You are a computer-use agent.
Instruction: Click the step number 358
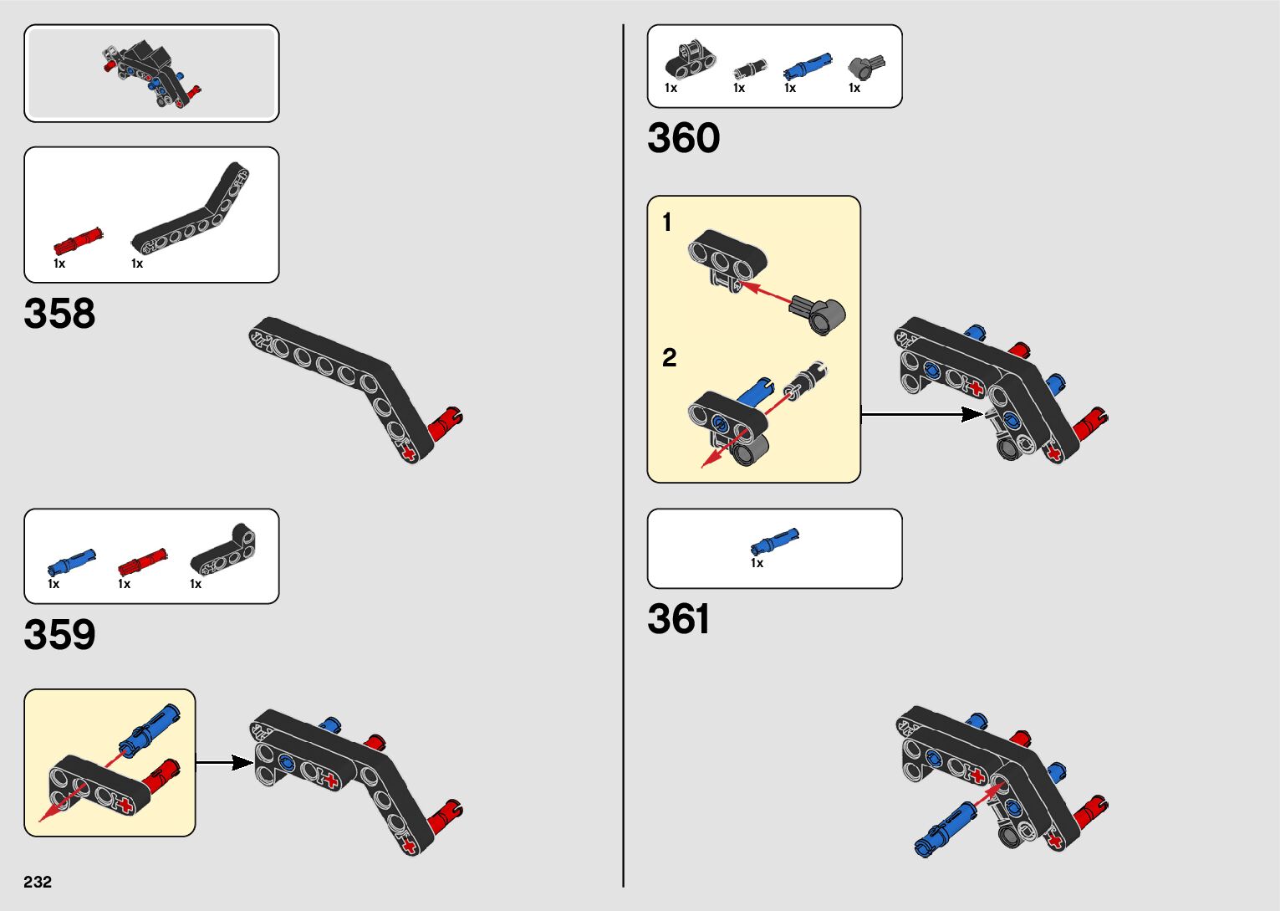pyautogui.click(x=59, y=314)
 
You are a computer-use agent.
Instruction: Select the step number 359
pyautogui.click(x=59, y=635)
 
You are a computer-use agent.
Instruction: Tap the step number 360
pyautogui.click(x=683, y=138)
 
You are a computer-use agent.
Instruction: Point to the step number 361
pyautogui.click(x=678, y=620)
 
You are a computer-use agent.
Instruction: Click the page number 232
pyautogui.click(x=38, y=882)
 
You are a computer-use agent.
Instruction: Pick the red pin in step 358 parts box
pyautogui.click(x=78, y=242)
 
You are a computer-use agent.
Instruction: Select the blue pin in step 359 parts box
pyautogui.click(x=72, y=561)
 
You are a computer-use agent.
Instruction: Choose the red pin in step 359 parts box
pyautogui.click(x=141, y=561)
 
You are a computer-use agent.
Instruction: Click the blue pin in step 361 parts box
pyautogui.click(x=774, y=541)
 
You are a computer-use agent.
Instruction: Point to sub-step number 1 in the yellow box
pyautogui.click(x=666, y=223)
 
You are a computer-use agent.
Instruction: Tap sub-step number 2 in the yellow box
pyautogui.click(x=669, y=358)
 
